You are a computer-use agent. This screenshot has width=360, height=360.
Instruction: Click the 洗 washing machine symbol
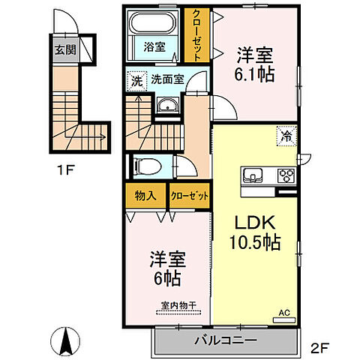tap(136, 78)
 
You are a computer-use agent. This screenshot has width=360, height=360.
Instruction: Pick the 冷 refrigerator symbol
tap(286, 136)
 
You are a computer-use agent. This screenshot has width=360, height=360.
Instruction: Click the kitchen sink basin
tap(251, 176)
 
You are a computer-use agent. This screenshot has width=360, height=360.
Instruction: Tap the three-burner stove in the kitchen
tap(286, 176)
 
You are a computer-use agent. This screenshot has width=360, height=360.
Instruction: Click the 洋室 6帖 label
tap(166, 265)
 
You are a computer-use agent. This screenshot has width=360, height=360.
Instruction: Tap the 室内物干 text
tap(177, 305)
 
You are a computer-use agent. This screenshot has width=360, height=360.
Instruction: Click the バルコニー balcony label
tap(225, 340)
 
